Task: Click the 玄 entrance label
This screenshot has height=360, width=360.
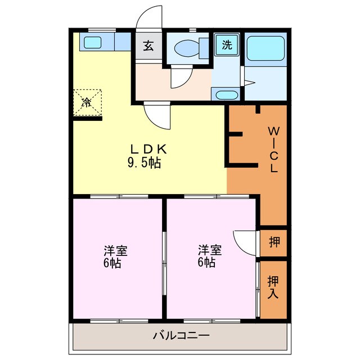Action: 148,46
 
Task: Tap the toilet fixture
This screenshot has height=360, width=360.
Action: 186,48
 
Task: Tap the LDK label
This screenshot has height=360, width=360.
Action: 148,149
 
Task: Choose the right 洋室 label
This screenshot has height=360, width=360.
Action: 209,249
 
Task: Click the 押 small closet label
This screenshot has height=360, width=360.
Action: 274,242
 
